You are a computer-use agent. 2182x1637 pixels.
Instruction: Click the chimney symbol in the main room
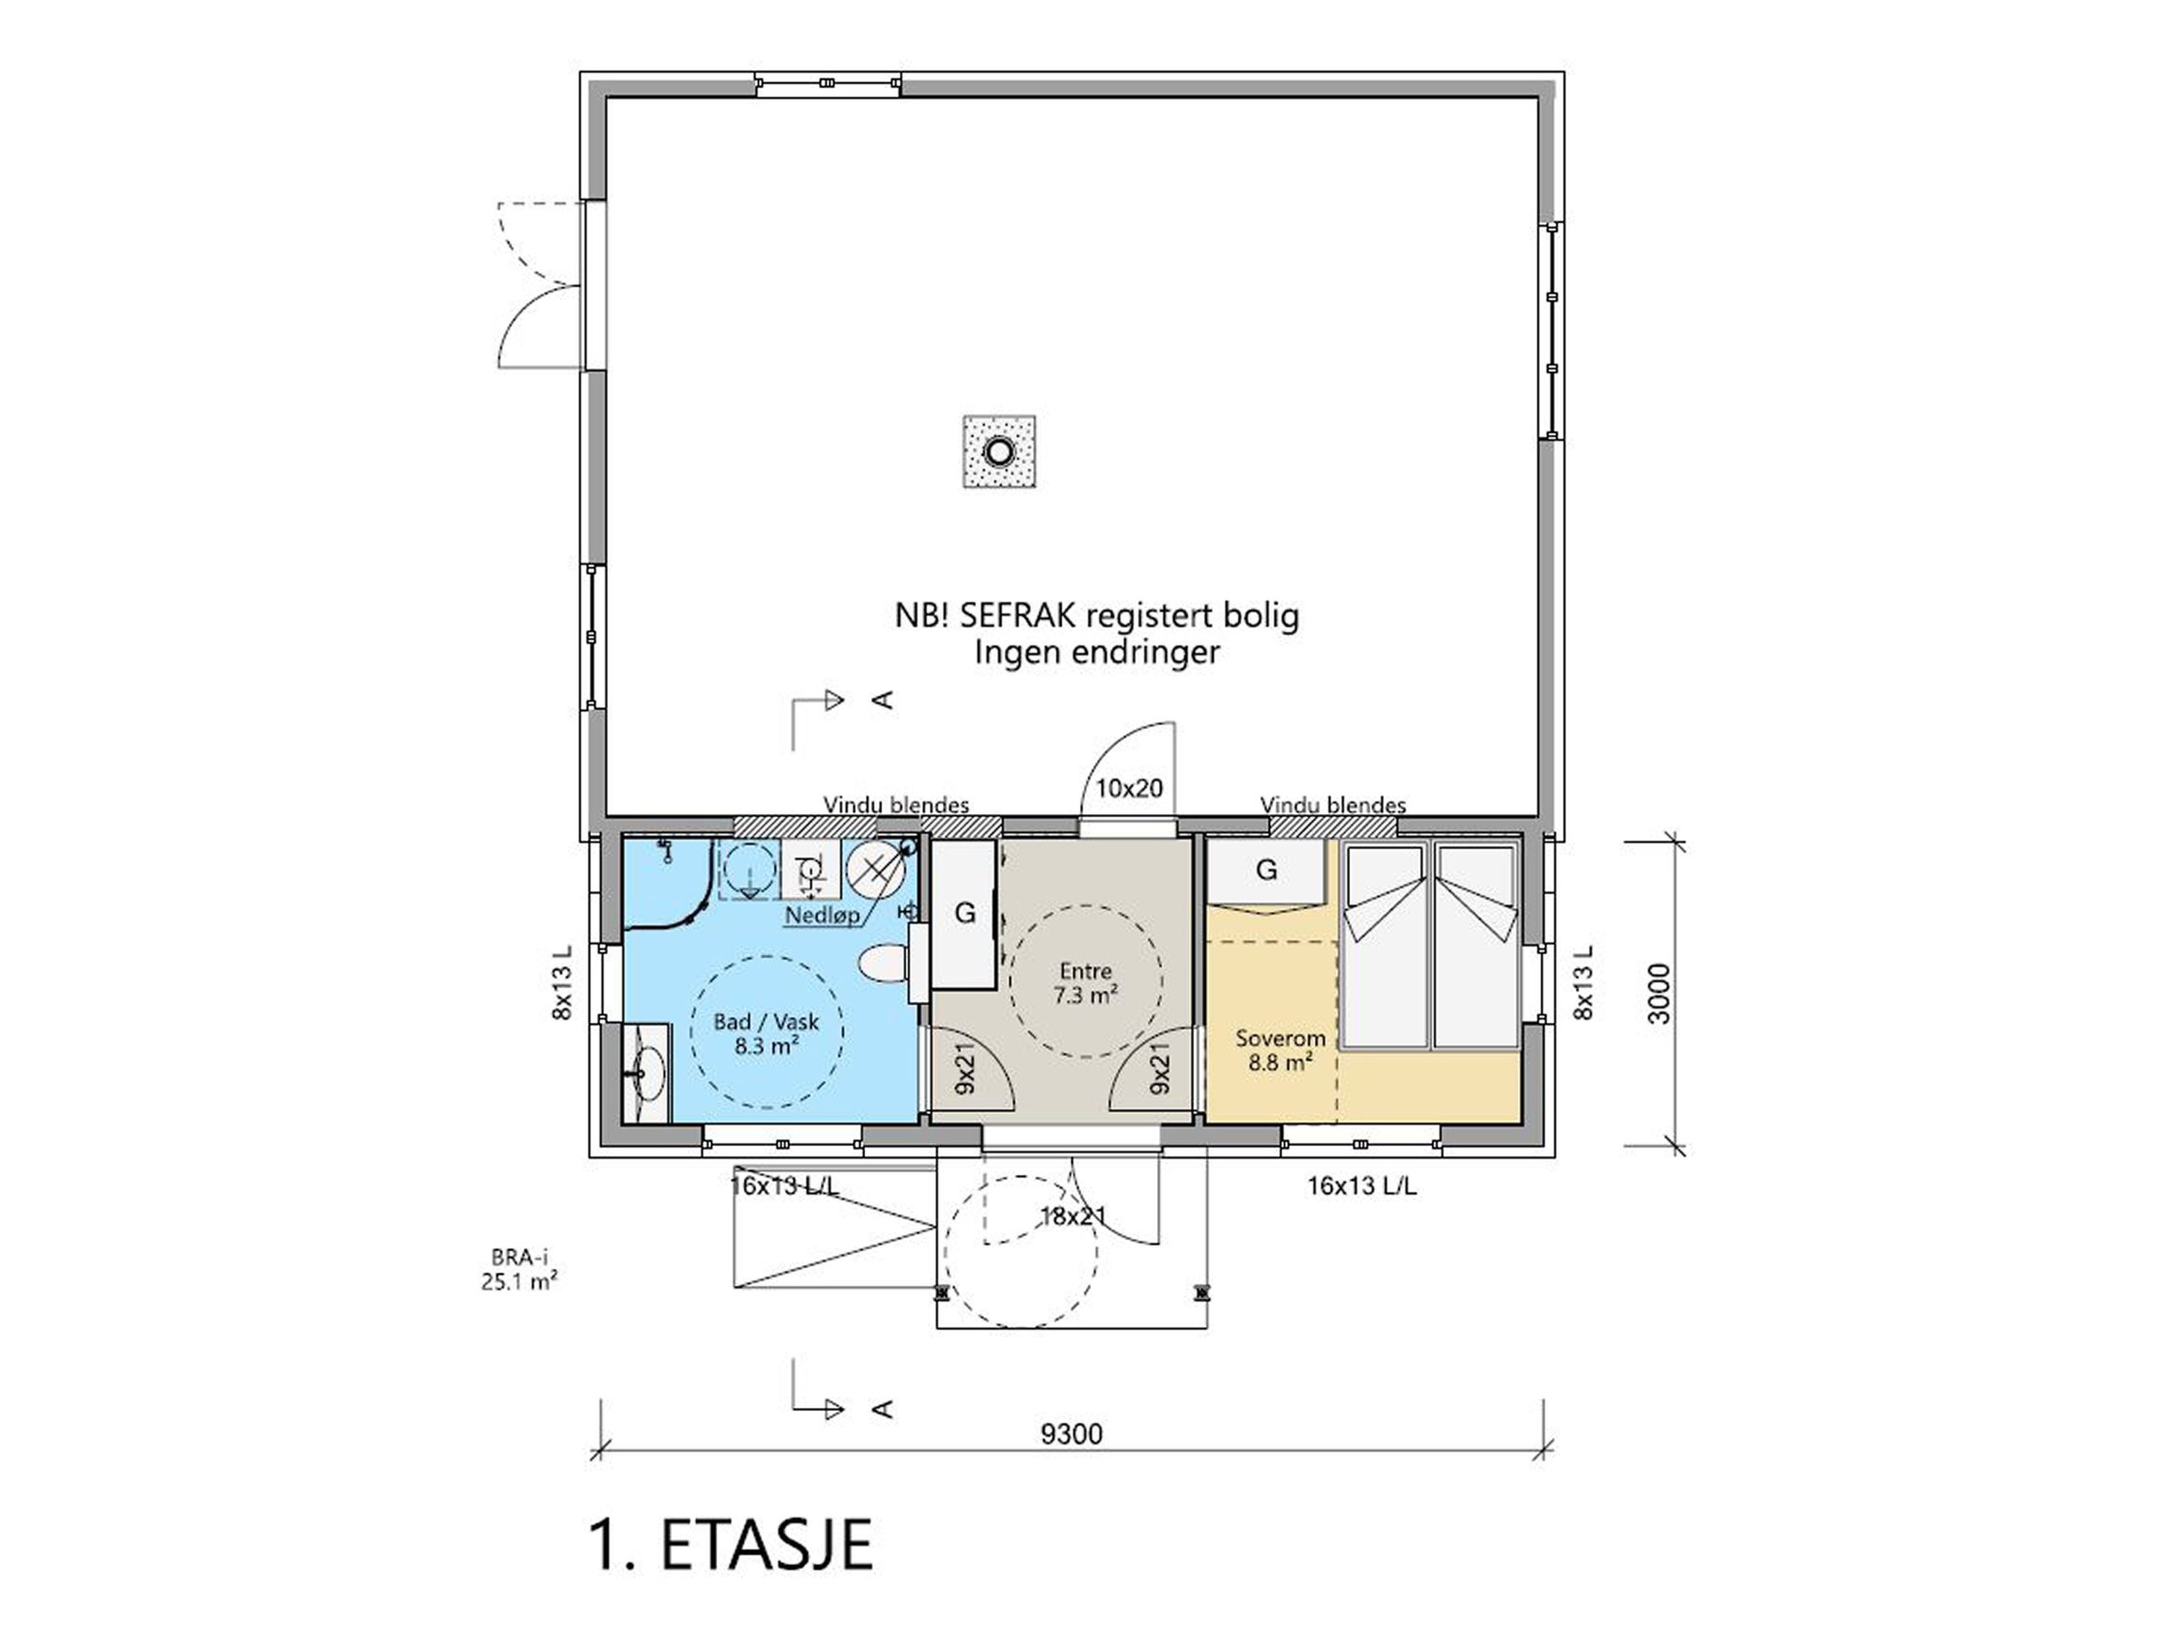pos(999,452)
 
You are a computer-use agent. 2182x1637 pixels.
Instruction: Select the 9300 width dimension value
pos(1071,1434)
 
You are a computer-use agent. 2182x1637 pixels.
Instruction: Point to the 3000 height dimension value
pos(1660,992)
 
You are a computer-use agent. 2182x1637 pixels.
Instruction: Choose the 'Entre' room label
pos(1085,970)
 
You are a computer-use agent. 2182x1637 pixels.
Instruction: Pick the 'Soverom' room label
pos(1280,1038)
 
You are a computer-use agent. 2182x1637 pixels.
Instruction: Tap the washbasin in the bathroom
pos(647,1073)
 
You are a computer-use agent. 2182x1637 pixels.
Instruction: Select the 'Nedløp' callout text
pos(822,916)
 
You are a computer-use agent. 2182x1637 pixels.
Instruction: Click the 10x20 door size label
pos(1129,789)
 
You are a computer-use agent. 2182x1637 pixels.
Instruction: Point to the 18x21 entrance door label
pos(1073,1217)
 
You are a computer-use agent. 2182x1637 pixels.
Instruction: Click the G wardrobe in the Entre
pos(965,914)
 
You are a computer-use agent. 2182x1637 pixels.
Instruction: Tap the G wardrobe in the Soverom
pos(1267,870)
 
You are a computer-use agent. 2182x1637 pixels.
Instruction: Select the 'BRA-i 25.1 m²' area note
pos(520,1270)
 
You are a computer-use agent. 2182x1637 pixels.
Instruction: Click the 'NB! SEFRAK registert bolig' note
pos(1097,616)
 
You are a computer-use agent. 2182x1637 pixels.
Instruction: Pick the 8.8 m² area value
pos(1280,1062)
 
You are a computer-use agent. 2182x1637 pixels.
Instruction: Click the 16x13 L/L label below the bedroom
pos(1362,1187)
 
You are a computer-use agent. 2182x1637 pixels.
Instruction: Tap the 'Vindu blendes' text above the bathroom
pos(896,805)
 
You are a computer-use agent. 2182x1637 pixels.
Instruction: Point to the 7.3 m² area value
pos(1085,995)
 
